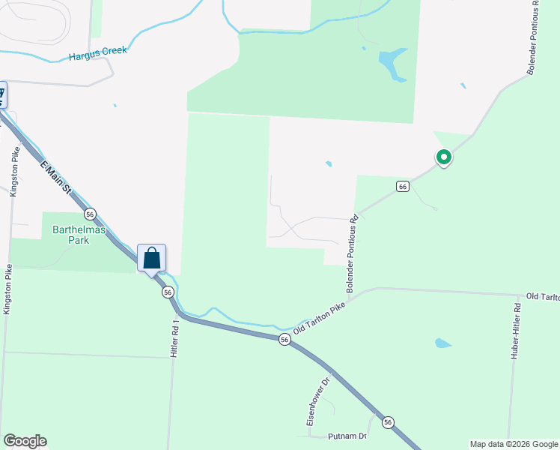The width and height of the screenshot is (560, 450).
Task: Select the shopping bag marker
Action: click(x=151, y=259)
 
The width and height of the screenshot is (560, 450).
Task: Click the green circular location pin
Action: click(x=443, y=157)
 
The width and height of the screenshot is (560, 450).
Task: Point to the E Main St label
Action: click(x=55, y=178)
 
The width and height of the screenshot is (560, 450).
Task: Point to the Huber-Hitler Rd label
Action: click(x=516, y=337)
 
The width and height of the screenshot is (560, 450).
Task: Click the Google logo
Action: click(x=25, y=440)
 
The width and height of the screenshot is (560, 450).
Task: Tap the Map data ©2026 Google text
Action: click(x=514, y=444)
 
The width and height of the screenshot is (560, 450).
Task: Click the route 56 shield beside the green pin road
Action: click(x=402, y=186)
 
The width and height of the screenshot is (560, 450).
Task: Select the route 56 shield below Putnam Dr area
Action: click(x=388, y=423)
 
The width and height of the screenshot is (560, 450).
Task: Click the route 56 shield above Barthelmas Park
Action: click(x=90, y=213)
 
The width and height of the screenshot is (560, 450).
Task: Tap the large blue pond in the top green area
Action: click(x=392, y=63)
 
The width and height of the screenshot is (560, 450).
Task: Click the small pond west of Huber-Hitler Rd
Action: click(x=443, y=343)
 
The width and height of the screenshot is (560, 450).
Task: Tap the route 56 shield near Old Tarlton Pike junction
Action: click(x=284, y=340)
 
